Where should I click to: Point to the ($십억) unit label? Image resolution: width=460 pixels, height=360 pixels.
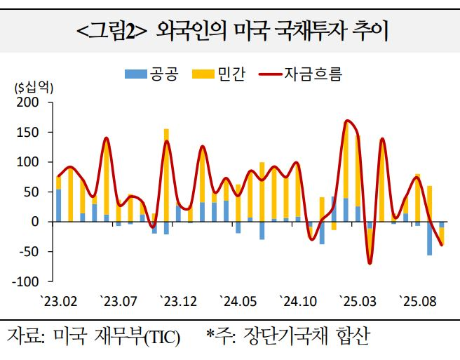coord(34,88)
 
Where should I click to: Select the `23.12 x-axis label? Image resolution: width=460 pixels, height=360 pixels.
coord(179,302)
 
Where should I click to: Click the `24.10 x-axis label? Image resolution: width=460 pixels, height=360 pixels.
coord(299,302)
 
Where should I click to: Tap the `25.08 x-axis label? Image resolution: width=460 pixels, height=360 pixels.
coord(419,302)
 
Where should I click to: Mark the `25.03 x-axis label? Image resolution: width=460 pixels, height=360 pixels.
coord(358,302)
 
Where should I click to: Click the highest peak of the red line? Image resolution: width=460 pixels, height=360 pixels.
coord(347,121)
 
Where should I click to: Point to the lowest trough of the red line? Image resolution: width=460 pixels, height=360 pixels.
coord(370,263)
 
